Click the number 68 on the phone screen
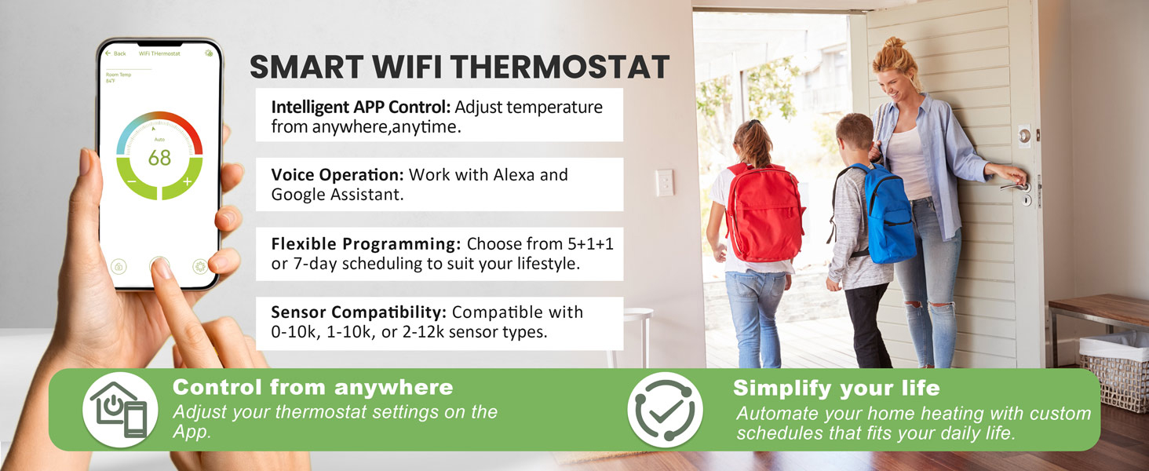(x=159, y=158)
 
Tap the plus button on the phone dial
(x=187, y=182)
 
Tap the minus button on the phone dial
(x=131, y=182)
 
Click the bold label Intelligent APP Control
(x=360, y=107)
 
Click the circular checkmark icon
(x=665, y=410)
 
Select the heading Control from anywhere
(x=312, y=387)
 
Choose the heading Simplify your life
(x=836, y=388)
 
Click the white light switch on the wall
(x=665, y=182)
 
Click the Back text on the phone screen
(x=119, y=53)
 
